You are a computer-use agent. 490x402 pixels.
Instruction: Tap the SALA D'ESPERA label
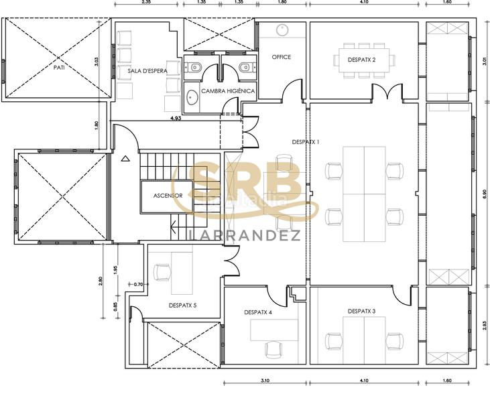[x=147, y=70]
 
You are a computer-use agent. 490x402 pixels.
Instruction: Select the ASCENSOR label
[x=168, y=196]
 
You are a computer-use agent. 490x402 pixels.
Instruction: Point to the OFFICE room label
[x=282, y=57]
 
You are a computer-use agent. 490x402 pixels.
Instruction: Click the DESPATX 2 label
[x=362, y=60]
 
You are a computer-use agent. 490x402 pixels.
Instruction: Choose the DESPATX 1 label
[x=306, y=142]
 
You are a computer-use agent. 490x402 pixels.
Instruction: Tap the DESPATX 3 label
[x=362, y=311]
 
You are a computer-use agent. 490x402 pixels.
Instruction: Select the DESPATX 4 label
[x=258, y=312]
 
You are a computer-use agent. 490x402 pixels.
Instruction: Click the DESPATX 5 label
[x=182, y=306]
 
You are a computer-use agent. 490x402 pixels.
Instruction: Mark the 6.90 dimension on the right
[x=485, y=195]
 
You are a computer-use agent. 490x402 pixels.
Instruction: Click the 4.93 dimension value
[x=176, y=118]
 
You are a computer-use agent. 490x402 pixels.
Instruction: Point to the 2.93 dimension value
[x=485, y=326]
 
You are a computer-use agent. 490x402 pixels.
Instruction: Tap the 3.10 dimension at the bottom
[x=265, y=381]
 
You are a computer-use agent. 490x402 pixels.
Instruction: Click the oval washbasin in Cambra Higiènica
[x=192, y=98]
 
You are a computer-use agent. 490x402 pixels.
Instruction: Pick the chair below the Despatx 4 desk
[x=273, y=348]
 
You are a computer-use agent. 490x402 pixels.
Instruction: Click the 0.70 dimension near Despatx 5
[x=139, y=285]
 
